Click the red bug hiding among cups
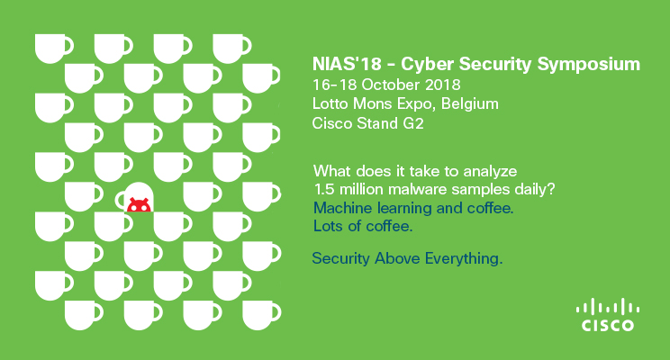138,203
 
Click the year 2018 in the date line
443,85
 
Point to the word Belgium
468,104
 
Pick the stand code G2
413,124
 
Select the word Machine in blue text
340,208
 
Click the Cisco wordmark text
604,325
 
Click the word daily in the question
536,189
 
